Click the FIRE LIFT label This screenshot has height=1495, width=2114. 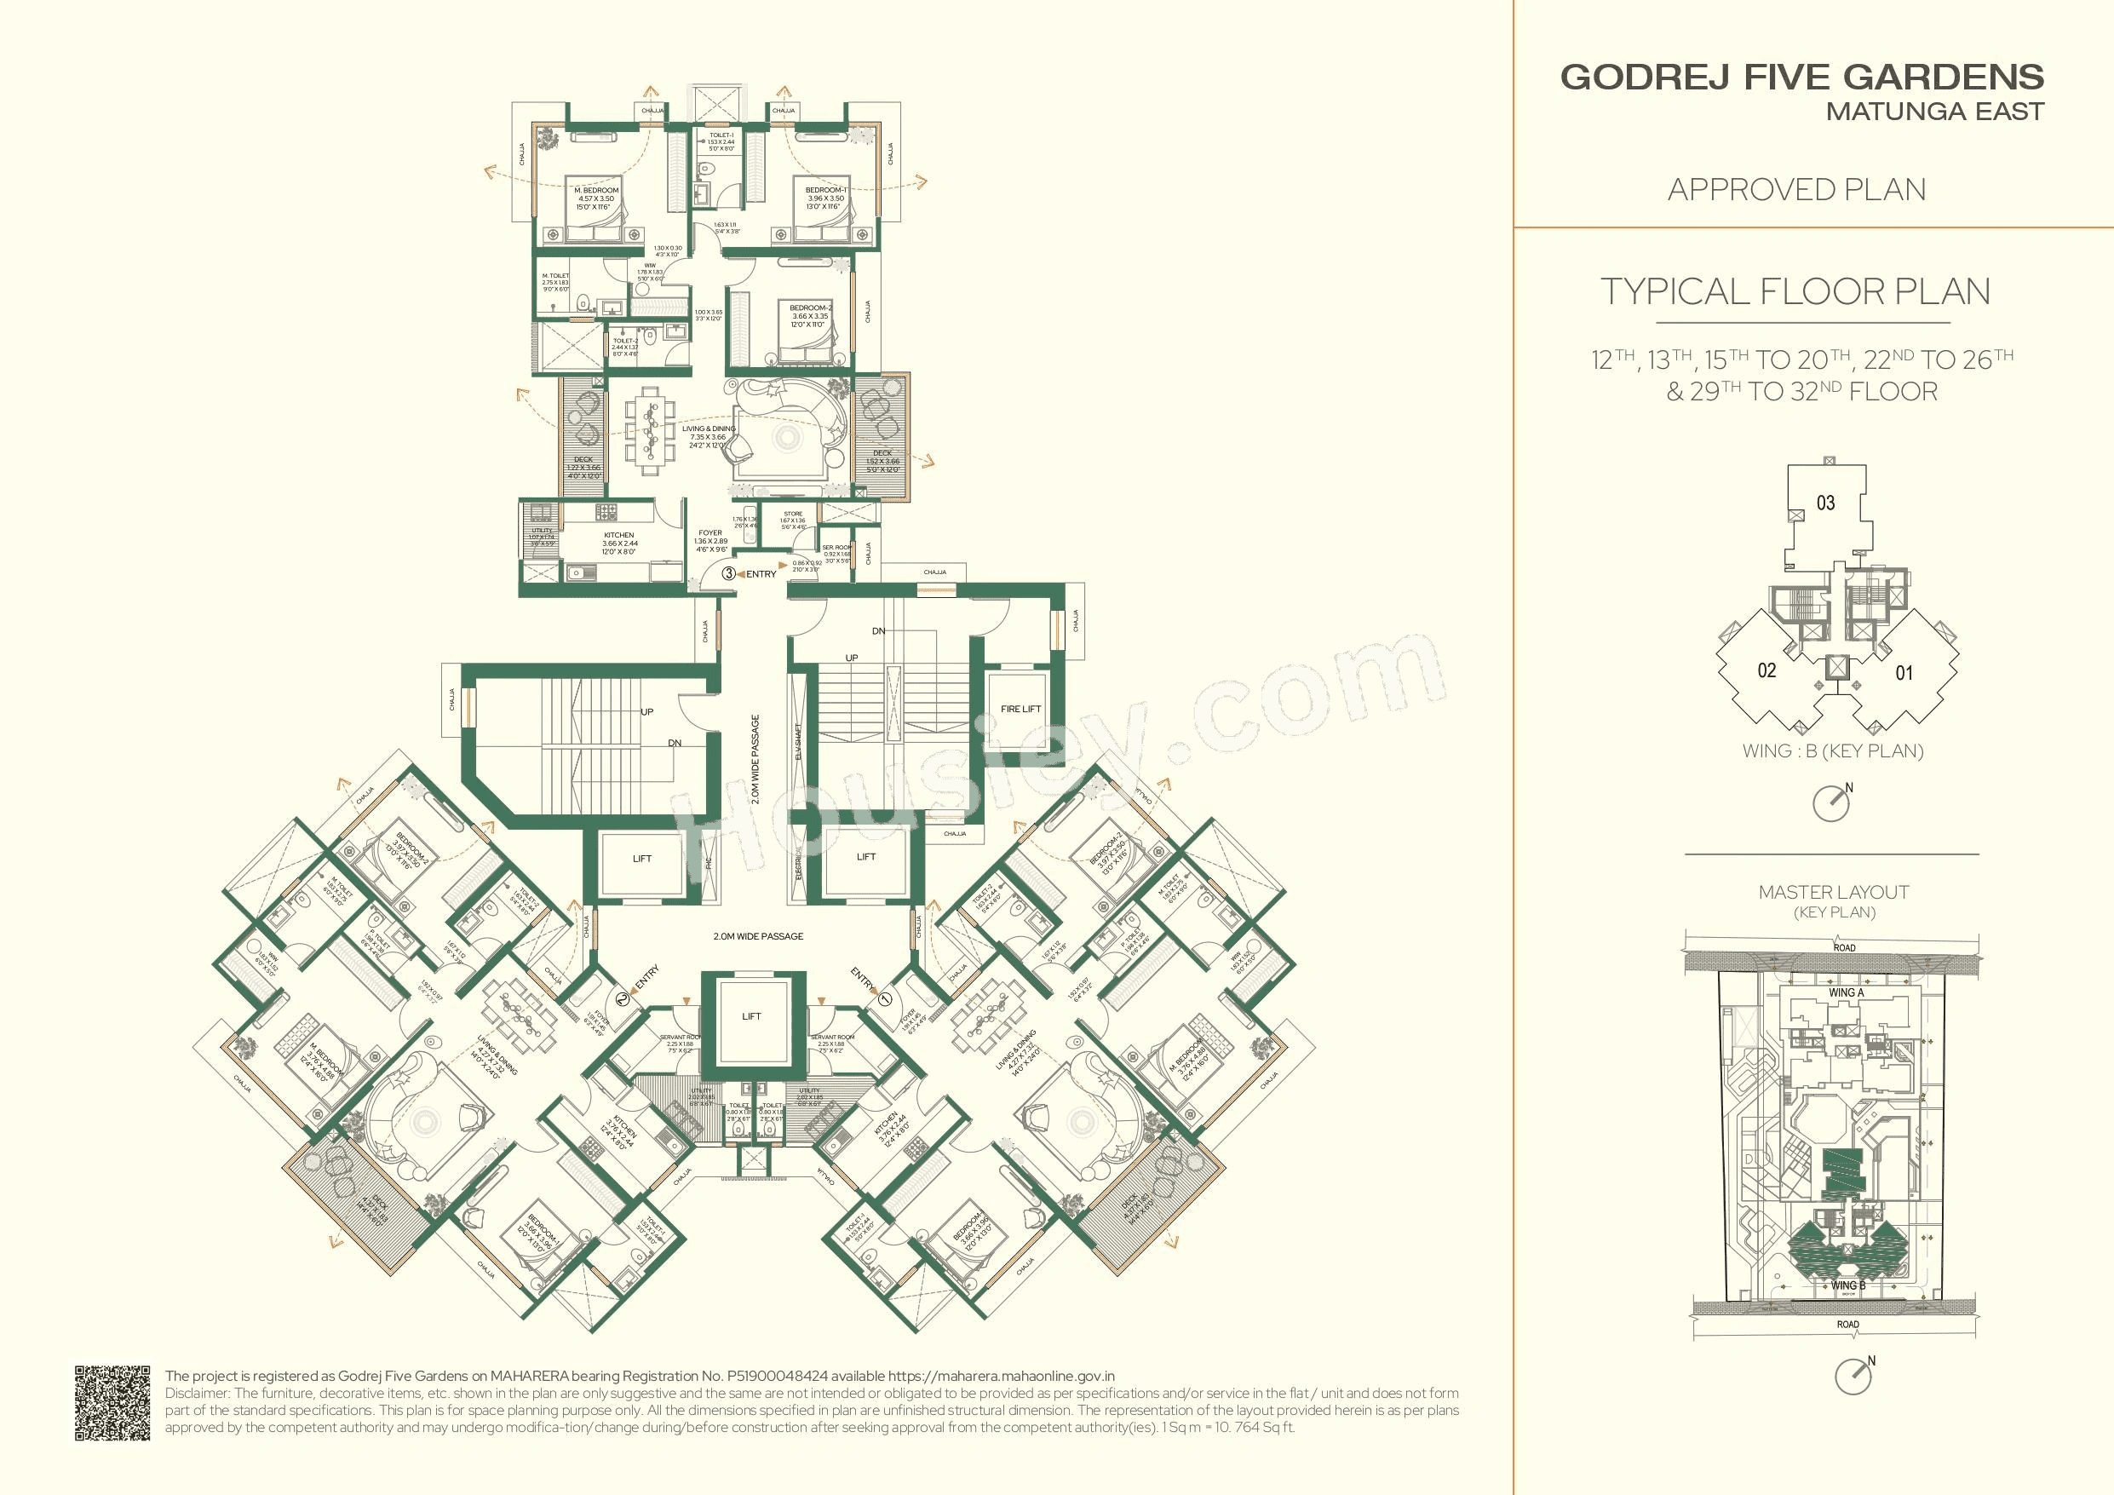1020,709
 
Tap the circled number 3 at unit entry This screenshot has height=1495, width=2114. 728,573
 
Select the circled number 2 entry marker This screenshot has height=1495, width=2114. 623,998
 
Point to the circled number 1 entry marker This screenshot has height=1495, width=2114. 886,997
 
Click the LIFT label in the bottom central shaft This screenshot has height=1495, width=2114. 751,1016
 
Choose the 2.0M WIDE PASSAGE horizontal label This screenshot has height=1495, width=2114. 758,936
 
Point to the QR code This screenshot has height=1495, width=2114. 112,1403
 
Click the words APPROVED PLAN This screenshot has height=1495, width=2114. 1796,190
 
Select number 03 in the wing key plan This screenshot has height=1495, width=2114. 1825,503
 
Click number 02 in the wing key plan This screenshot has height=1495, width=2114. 1766,670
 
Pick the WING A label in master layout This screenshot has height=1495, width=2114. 1845,993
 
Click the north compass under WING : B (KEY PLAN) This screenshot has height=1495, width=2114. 1831,802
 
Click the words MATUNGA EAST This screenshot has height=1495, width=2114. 1934,112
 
